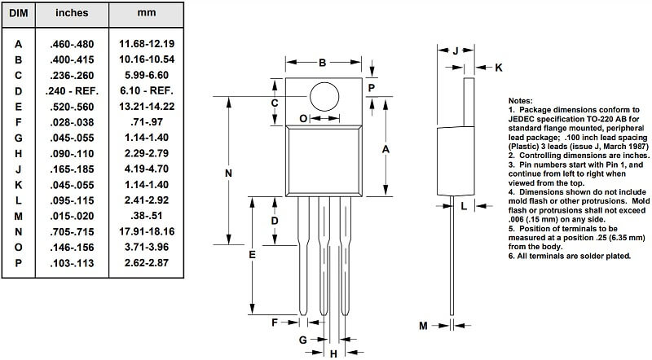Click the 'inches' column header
71,14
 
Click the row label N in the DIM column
17,231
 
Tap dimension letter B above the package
322,62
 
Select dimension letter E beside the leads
253,255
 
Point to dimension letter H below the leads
333,353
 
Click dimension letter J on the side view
456,50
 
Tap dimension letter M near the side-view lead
423,326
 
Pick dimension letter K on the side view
499,68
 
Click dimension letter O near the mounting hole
304,119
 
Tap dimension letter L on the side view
464,206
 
